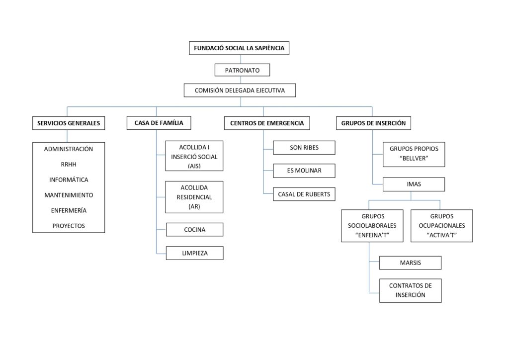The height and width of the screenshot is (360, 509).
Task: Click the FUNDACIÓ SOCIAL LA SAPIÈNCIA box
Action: tap(239, 48)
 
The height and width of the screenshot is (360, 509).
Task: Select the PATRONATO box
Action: tap(242, 70)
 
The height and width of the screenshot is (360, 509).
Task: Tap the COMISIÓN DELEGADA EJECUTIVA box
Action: tap(240, 90)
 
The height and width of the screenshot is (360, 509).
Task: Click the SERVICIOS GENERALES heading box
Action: tap(69, 123)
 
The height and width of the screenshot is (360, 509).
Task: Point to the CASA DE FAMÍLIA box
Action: tap(159, 123)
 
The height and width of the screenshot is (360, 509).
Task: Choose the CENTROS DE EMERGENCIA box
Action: tap(267, 123)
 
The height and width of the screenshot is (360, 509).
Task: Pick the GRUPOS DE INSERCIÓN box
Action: tap(373, 123)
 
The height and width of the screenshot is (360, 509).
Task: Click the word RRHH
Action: tap(69, 164)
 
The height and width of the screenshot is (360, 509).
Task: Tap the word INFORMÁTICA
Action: tap(69, 180)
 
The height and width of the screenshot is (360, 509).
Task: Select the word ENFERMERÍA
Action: tap(69, 210)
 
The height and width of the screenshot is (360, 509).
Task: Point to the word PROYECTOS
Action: tap(69, 226)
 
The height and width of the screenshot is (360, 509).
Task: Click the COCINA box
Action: tap(194, 230)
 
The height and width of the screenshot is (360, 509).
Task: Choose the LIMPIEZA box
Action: tap(194, 253)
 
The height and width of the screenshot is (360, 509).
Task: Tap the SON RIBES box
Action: tap(304, 148)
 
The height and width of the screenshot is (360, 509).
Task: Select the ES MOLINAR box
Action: tap(304, 171)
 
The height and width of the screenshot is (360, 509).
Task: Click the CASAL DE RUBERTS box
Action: tap(304, 194)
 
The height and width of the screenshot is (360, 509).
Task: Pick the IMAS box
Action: tap(414, 184)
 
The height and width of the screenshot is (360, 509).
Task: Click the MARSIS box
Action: tap(410, 263)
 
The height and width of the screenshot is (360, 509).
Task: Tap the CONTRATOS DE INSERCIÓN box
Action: tap(410, 290)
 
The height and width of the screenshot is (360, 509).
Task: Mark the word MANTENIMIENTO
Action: tap(69, 195)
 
